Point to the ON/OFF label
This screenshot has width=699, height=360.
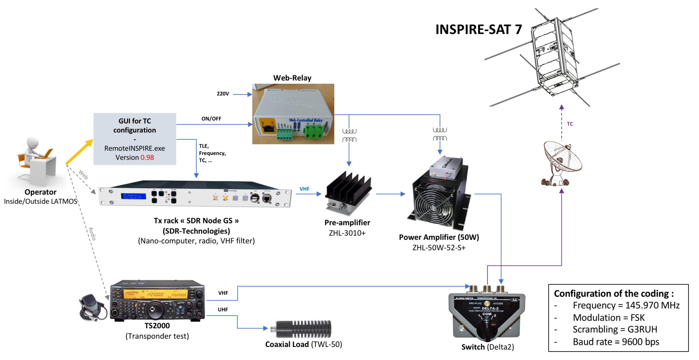click(211, 118)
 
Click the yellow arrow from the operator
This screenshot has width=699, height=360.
click(79, 152)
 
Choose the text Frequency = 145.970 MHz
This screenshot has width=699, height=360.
click(626, 305)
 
